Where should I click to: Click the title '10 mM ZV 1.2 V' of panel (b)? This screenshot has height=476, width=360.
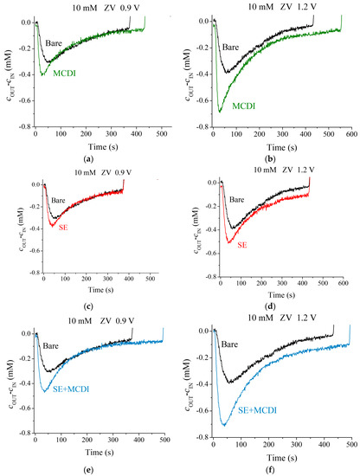273,7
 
